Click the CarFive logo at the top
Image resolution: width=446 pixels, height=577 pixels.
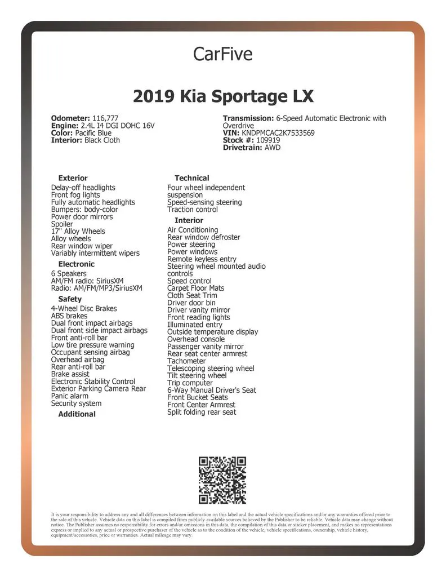pyautogui.click(x=222, y=54)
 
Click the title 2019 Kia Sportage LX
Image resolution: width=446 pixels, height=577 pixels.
pyautogui.click(x=223, y=96)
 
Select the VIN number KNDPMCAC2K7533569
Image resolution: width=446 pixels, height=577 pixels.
pyautogui.click(x=278, y=133)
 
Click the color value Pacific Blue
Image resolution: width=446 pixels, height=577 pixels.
pyautogui.click(x=93, y=133)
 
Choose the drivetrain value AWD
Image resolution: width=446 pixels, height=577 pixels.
pyautogui.click(x=273, y=148)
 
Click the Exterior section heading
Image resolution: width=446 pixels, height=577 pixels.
pyautogui.click(x=73, y=178)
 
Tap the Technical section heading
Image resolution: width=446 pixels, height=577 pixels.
pyautogui.click(x=191, y=178)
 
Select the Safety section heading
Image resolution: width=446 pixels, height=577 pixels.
pyautogui.click(x=70, y=299)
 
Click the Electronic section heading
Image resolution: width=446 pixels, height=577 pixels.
pyautogui.click(x=77, y=264)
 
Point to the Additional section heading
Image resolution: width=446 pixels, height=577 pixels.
pyautogui.click(x=77, y=414)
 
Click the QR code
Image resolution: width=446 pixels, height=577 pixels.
pyautogui.click(x=222, y=480)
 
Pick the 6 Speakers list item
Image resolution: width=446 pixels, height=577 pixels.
pyautogui.click(x=69, y=274)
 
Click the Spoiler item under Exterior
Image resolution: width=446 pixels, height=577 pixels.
pyautogui.click(x=62, y=224)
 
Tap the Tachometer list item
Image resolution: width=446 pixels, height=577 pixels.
pyautogui.click(x=186, y=361)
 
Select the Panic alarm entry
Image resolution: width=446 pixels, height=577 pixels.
pyautogui.click(x=70, y=396)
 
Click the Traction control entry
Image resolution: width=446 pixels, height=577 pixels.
pyautogui.click(x=193, y=210)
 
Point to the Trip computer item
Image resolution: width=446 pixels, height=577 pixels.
pyautogui.click(x=190, y=383)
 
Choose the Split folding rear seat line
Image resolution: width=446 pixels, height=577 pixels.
pyautogui.click(x=202, y=412)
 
